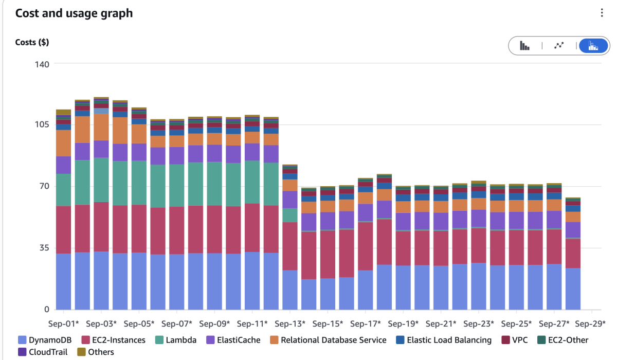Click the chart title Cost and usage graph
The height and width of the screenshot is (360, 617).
74,13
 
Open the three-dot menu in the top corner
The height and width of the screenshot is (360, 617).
602,13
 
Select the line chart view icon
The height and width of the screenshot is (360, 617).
559,46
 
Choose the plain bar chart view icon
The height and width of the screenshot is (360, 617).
524,46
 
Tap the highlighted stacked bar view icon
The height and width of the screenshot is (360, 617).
593,46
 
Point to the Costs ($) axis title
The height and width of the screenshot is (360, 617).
32,42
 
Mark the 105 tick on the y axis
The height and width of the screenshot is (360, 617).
42,125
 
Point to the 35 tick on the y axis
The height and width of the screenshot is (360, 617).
42,248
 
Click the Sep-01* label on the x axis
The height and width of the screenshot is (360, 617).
64,324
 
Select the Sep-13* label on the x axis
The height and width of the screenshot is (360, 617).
291,324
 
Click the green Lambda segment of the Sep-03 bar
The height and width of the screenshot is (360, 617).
101,180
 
